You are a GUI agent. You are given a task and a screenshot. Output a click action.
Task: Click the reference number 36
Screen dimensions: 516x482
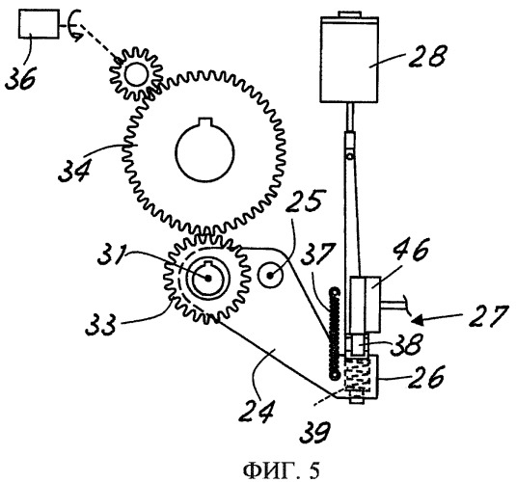(20, 77)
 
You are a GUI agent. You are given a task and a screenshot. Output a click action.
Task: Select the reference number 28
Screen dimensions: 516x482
(428, 56)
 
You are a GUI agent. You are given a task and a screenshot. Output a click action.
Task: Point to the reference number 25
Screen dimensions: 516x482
(304, 201)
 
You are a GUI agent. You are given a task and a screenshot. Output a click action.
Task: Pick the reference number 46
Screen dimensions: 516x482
(412, 250)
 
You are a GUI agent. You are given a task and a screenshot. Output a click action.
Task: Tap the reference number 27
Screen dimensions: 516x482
(488, 316)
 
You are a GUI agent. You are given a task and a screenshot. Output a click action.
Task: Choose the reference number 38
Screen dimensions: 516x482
(405, 344)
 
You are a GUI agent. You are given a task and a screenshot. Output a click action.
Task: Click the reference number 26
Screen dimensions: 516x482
(426, 377)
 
